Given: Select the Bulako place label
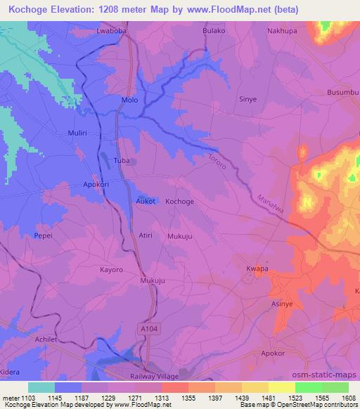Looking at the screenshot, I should [214, 32].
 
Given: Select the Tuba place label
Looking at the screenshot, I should [122, 161].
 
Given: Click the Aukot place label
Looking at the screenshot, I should [146, 201].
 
